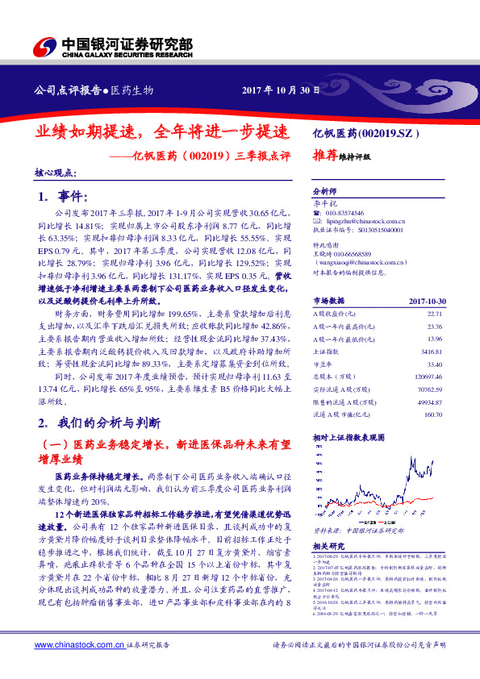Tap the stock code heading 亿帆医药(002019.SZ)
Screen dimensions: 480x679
[x=365, y=131]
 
